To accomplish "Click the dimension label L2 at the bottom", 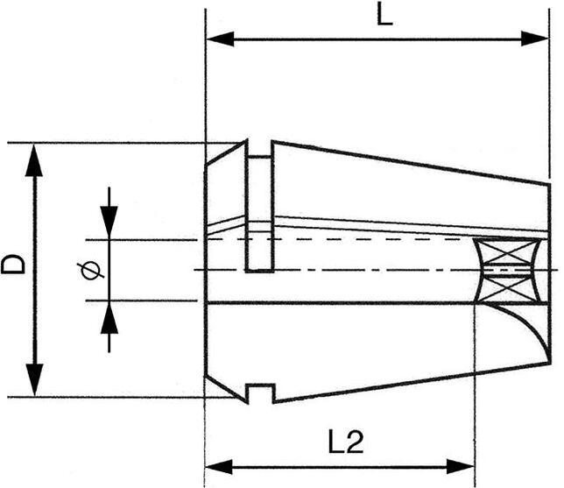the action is coord(346,442).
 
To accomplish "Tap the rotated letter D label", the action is coord(13,265).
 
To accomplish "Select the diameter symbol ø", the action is coord(90,270).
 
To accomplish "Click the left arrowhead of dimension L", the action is coord(220,39).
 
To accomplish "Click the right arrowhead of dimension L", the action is coord(535,39).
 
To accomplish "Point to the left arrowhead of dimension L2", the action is coord(219,467).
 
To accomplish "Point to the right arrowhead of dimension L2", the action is coord(461,467).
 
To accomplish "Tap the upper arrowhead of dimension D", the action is coord(34,160).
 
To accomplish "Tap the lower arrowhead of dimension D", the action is coord(34,379).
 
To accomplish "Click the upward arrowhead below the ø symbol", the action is coord(109,317).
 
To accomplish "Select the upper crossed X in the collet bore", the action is coord(507,252).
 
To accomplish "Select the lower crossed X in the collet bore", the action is coord(508,289).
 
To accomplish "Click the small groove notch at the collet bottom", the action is coord(260,393).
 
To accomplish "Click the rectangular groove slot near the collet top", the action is coord(260,214).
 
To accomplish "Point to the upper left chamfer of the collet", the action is coord(226,153).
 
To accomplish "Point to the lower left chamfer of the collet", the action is coord(226,389).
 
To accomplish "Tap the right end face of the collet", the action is coord(549,274).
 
